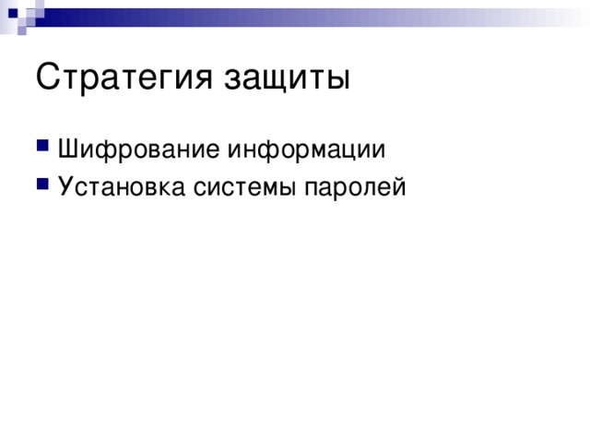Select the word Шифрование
pos(138,150)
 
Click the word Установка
pos(121,186)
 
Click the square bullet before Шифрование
pos(43,150)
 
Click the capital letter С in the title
pos(48,78)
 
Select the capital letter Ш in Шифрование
pos(67,150)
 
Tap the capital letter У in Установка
pos(65,186)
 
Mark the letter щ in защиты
pos(278,80)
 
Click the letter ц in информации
pos(358,151)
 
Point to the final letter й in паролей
pos(398,186)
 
